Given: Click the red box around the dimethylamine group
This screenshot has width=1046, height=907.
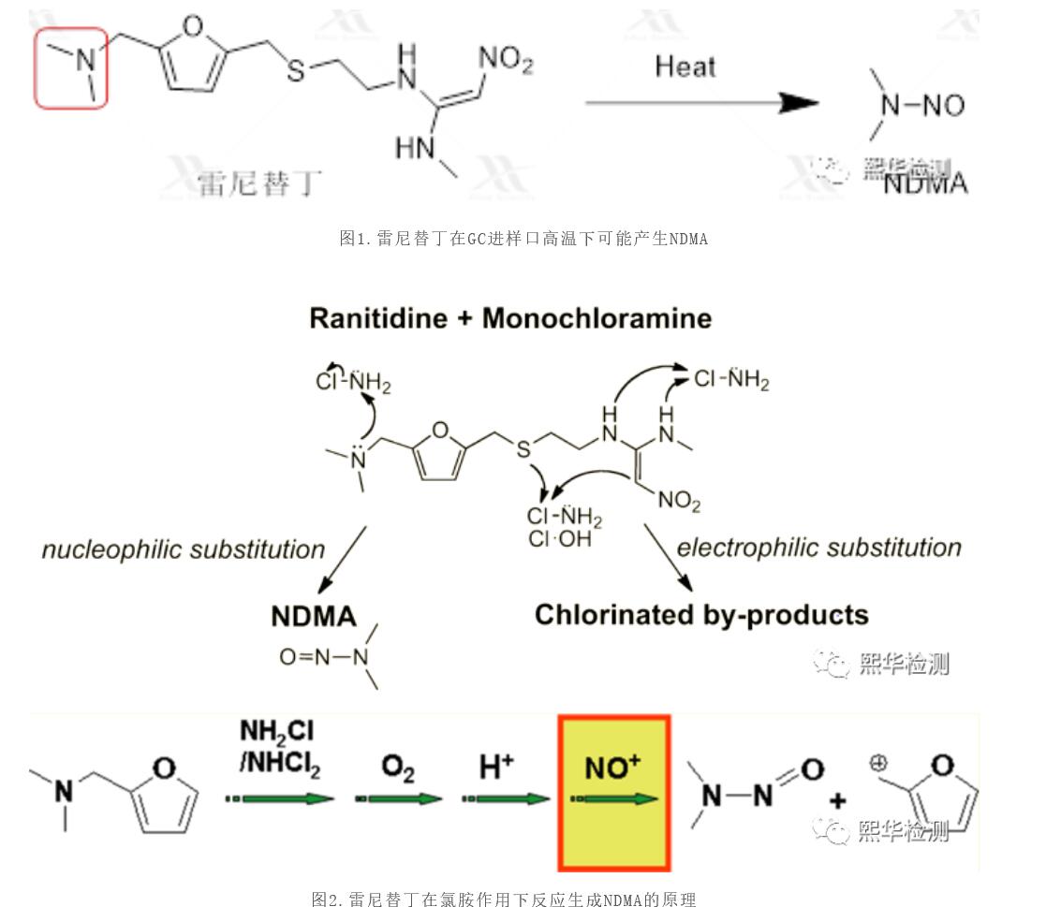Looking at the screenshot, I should [x=72, y=67].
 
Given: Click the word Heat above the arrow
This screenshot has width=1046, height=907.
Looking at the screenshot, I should [x=685, y=67].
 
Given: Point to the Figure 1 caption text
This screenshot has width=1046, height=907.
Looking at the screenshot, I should [x=523, y=239].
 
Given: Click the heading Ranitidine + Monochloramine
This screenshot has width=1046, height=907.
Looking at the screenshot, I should [x=510, y=318].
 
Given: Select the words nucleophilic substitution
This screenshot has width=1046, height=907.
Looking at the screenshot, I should [x=184, y=549].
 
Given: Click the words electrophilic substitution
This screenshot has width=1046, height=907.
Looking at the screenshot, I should [x=818, y=547].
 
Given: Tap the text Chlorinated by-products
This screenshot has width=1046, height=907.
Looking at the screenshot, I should [x=701, y=615].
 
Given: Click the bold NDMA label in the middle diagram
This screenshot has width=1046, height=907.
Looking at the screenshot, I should [x=314, y=616].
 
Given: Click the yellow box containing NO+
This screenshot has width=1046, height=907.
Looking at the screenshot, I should [x=613, y=792].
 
